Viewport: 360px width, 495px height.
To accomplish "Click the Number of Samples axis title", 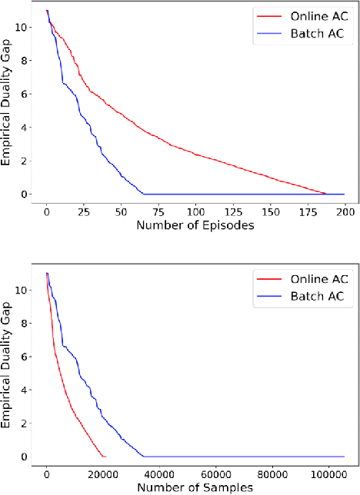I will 195,487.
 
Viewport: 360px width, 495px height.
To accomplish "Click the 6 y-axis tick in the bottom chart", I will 28,357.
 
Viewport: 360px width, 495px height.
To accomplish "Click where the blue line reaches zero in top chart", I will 143,194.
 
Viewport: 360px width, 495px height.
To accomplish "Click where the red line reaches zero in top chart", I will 326,194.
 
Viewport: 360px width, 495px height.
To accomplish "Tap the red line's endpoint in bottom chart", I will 105,457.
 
